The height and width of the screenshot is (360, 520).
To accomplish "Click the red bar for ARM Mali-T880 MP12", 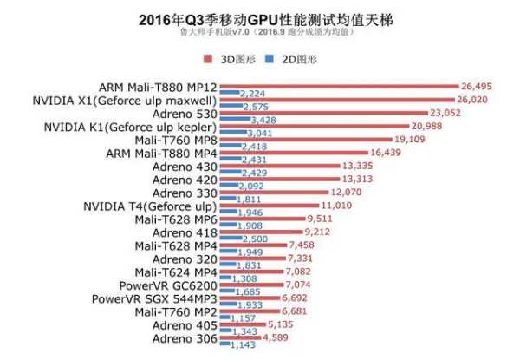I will pos(338,87).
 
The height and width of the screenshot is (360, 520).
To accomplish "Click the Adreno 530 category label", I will pos(185,113).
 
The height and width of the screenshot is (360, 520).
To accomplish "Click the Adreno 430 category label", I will pos(185,166).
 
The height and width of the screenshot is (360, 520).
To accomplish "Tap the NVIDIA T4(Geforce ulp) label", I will pos(149,206).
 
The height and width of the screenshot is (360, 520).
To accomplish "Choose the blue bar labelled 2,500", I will pos(229,239).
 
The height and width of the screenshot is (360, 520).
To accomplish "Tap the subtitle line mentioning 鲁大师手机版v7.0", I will pos(259,33).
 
